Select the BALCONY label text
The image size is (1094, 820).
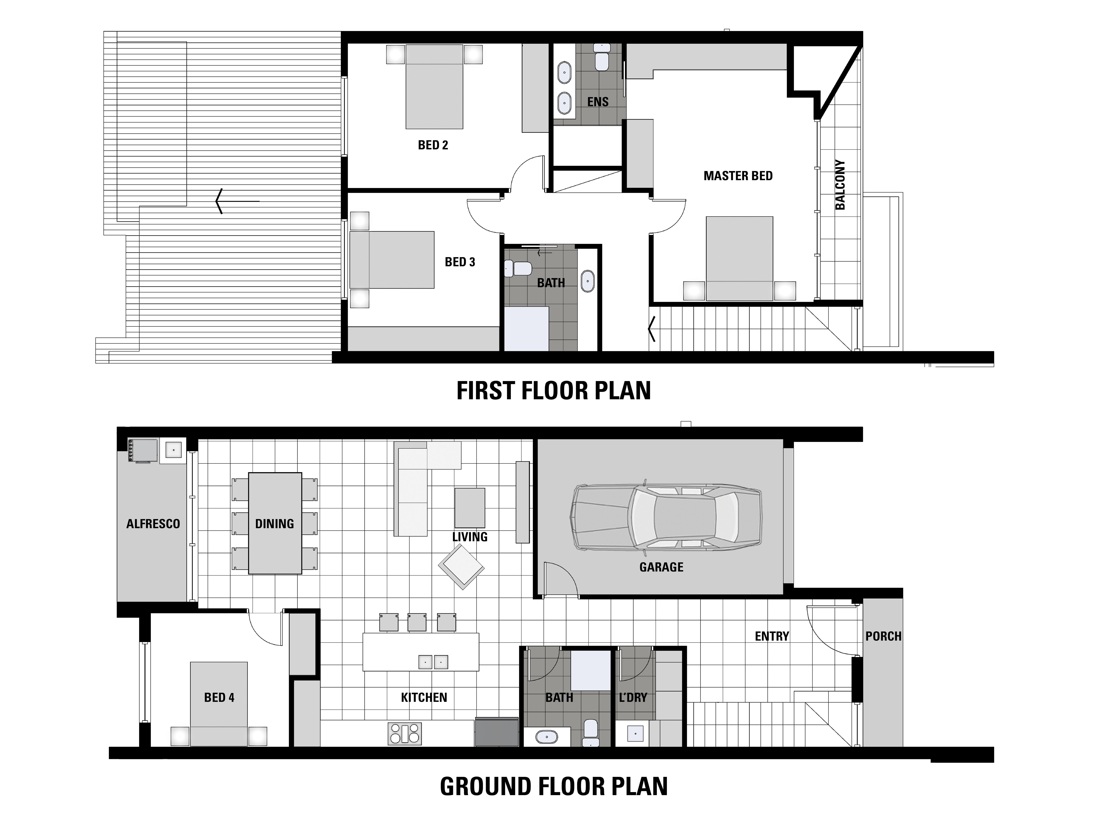pyautogui.click(x=840, y=184)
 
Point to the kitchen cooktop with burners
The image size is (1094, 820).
pyautogui.click(x=405, y=733)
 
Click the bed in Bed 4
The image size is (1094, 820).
pyautogui.click(x=219, y=704)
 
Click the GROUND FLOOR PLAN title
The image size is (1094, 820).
pyautogui.click(x=553, y=786)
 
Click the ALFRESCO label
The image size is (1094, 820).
pyautogui.click(x=153, y=524)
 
